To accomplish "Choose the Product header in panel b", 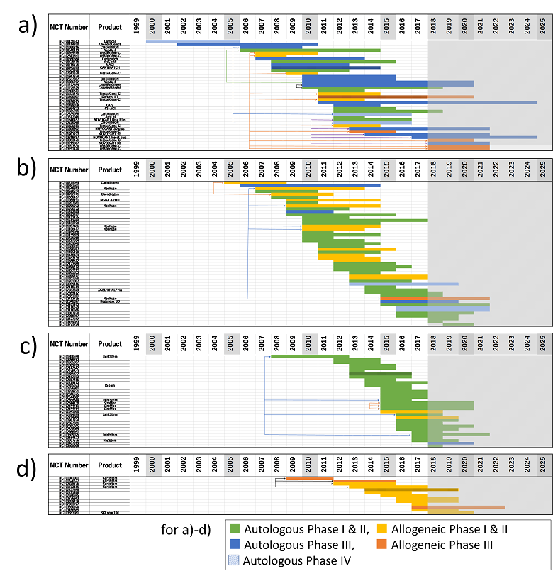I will click(110, 170).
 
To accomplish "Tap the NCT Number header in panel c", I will click(68, 345).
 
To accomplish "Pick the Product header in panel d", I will click(110, 465).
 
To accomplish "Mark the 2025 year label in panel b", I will click(543, 170).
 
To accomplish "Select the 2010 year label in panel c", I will click(310, 345).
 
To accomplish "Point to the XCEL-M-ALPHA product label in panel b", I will click(110, 290).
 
